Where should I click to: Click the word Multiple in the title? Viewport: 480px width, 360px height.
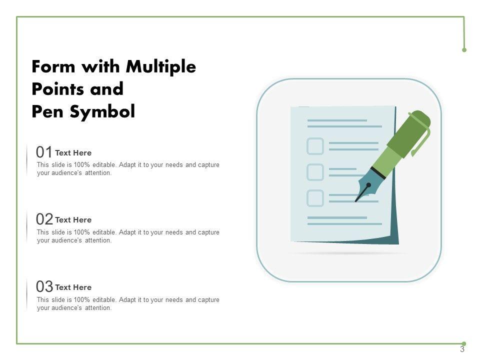point(160,66)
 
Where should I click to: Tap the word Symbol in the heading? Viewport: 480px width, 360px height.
point(102,111)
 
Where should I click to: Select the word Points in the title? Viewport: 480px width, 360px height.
point(58,89)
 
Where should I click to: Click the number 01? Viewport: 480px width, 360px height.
point(44,152)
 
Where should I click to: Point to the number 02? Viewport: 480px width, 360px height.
point(44,219)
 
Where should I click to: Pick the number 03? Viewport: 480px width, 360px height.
point(44,286)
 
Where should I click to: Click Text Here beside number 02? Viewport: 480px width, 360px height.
point(73,220)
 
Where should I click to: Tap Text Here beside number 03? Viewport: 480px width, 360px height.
point(73,287)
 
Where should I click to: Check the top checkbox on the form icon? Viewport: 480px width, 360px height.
point(315,146)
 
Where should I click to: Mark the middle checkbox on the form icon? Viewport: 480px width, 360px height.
point(315,172)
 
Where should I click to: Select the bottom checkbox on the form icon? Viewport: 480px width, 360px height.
point(315,198)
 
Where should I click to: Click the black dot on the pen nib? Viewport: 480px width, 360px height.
point(368,185)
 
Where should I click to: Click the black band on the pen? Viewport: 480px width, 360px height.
point(378,173)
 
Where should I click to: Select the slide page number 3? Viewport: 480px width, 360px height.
point(462,349)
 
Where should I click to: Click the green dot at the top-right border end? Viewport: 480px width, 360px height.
point(464,50)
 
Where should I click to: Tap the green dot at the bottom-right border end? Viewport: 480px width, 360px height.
point(464,344)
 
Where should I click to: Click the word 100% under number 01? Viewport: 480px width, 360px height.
point(81,164)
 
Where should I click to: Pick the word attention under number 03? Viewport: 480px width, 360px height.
point(98,308)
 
